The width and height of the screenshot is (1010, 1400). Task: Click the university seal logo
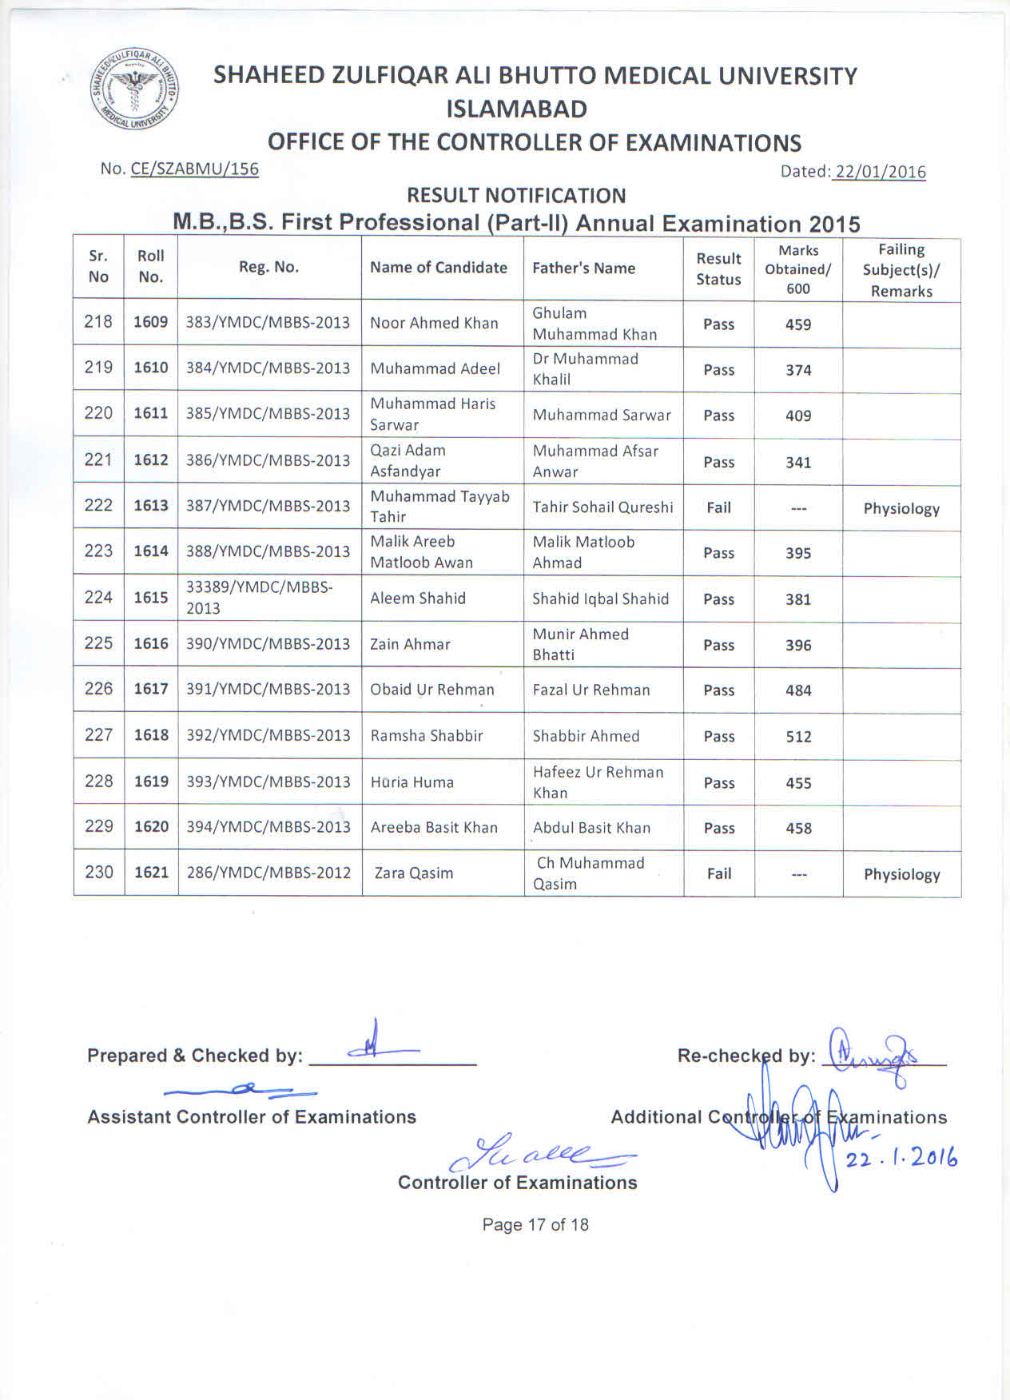click(134, 89)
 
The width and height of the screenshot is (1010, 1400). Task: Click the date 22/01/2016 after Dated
click(879, 172)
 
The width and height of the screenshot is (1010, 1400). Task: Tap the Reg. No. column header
click(268, 267)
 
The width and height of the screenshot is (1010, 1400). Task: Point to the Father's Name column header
click(583, 268)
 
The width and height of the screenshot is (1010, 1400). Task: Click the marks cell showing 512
click(798, 737)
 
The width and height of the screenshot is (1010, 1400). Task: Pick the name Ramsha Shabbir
click(427, 736)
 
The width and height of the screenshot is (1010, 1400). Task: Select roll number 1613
click(151, 506)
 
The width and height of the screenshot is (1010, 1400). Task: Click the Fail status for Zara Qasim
click(719, 873)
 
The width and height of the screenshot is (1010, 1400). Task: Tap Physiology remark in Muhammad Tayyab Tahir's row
click(901, 509)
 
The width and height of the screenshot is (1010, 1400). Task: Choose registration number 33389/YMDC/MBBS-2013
click(260, 598)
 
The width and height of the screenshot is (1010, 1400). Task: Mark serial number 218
click(98, 321)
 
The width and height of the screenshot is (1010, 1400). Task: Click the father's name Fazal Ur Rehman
click(591, 690)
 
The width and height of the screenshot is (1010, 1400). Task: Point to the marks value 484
click(798, 690)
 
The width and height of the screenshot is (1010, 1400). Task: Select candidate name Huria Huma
click(412, 782)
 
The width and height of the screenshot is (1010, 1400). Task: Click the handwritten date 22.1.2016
click(901, 1158)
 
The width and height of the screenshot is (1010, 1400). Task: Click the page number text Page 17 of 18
click(535, 1225)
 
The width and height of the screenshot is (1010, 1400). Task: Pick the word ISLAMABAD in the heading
click(517, 109)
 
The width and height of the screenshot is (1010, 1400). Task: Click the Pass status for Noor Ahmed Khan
click(719, 324)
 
